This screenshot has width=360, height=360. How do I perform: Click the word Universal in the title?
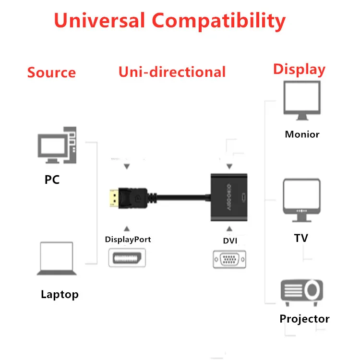point(99,20)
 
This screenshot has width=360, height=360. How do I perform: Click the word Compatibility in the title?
point(219,21)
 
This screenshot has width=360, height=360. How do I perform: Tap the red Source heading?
point(51,72)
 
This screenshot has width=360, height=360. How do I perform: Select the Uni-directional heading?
point(172,72)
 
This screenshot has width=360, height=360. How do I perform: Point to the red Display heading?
point(299,69)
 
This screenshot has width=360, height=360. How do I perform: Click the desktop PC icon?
point(57,145)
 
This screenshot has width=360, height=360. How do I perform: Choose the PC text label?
point(52,180)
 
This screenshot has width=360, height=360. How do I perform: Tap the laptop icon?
point(57,258)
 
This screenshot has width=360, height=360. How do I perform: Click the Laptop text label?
point(60,294)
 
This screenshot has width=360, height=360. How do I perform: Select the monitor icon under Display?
point(302,100)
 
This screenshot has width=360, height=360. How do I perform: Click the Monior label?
point(302,134)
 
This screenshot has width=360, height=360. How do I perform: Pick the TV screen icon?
point(302,200)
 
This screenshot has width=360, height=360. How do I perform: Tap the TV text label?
point(301,238)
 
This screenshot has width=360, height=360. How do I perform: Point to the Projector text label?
point(304,319)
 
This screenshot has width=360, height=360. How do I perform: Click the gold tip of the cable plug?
point(114,198)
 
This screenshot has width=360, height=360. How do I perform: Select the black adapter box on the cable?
point(229,197)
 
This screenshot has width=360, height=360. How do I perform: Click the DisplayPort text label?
point(128,240)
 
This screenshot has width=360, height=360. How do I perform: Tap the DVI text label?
point(230,240)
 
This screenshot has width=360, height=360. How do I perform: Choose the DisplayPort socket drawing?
point(127,258)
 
